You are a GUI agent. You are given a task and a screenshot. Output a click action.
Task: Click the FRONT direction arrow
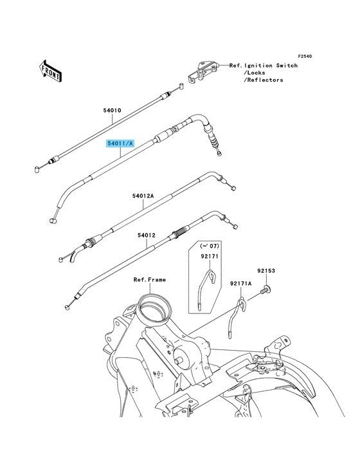click(50, 71)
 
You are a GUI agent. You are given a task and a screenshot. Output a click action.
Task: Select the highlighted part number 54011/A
click(120, 143)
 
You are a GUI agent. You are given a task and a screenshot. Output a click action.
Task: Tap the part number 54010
click(113, 111)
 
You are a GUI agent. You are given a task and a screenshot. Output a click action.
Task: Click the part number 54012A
click(143, 196)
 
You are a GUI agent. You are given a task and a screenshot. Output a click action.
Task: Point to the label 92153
click(265, 271)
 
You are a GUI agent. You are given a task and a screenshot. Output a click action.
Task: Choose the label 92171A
click(241, 283)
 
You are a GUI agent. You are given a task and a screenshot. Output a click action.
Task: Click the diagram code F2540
click(305, 56)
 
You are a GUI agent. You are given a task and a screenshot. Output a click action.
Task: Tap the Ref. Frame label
click(150, 280)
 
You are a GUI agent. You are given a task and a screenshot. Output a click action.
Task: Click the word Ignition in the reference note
click(258, 66)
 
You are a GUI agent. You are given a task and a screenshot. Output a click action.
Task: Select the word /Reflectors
click(263, 80)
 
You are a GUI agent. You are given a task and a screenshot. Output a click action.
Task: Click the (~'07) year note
click(210, 246)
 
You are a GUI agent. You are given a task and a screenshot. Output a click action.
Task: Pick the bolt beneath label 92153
click(266, 290)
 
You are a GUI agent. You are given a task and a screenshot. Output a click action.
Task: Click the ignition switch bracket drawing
click(203, 71)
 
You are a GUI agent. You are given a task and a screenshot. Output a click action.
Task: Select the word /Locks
click(255, 73)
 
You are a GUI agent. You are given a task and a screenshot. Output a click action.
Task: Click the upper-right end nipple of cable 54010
click(181, 86)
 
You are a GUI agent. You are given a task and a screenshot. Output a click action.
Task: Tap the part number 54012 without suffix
click(147, 235)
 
